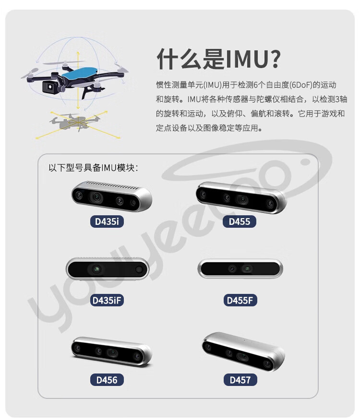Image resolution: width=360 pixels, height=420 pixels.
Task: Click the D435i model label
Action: click(x=107, y=222)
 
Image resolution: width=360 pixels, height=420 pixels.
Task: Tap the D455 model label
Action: click(x=240, y=222)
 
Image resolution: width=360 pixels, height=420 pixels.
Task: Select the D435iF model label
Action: click(x=107, y=301)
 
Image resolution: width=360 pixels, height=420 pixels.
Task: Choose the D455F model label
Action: click(x=240, y=301)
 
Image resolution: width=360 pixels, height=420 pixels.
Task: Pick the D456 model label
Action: click(x=107, y=380)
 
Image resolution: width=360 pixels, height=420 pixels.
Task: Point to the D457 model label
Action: click(x=240, y=380)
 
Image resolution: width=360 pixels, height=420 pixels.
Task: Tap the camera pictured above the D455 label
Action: click(x=241, y=198)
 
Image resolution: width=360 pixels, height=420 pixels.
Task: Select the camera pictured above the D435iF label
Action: click(x=108, y=269)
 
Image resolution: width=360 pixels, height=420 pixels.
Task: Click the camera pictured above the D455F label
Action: click(x=240, y=268)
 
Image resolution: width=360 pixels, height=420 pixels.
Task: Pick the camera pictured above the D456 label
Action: click(x=111, y=351)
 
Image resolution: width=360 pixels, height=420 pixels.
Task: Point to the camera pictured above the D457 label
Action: click(x=243, y=351)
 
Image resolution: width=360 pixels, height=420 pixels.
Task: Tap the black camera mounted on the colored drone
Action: click(x=50, y=86)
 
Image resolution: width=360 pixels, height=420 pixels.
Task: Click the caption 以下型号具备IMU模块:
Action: click(x=93, y=168)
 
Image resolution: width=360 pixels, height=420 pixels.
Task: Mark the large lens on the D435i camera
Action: click(x=96, y=198)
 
